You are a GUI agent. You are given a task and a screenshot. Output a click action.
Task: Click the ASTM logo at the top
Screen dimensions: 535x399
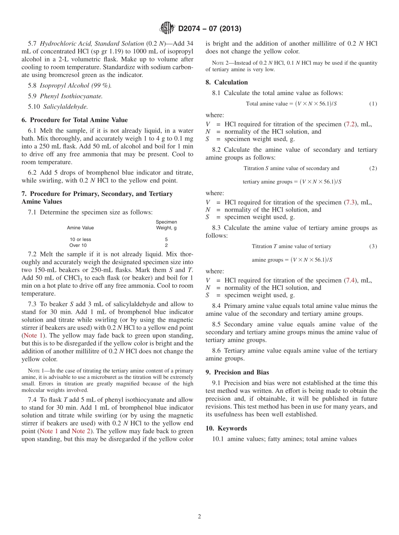(x=167, y=29)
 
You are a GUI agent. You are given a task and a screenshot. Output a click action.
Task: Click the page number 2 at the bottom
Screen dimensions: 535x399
(x=199, y=516)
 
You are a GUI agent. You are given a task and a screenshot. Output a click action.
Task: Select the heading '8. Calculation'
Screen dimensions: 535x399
(x=227, y=82)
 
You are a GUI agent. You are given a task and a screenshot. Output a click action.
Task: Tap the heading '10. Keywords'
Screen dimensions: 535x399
(x=226, y=429)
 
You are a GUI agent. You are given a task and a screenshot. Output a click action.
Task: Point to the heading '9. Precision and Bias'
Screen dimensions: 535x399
(x=237, y=372)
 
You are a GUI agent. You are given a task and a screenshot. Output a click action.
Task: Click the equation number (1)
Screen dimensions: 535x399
(x=373, y=104)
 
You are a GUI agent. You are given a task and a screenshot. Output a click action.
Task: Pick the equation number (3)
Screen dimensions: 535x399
(x=373, y=246)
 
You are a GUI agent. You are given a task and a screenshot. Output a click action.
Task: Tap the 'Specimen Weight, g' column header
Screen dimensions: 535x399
(x=166, y=225)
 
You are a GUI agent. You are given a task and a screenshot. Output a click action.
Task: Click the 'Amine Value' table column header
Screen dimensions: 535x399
(x=81, y=228)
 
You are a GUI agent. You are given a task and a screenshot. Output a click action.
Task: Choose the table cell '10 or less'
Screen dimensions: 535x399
(x=81, y=239)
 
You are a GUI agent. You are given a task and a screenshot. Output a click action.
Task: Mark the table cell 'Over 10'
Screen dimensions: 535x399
(x=78, y=245)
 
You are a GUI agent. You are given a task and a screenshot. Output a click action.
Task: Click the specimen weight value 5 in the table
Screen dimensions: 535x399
(x=166, y=239)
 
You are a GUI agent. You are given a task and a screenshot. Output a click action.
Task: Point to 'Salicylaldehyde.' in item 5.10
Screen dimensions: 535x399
(x=66, y=107)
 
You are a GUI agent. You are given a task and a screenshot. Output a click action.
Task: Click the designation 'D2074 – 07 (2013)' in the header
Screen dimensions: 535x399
(x=210, y=29)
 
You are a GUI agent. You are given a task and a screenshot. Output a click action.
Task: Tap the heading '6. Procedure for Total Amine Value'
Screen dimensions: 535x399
(x=75, y=120)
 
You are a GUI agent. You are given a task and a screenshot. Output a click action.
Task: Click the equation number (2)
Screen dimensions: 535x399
(x=373, y=168)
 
